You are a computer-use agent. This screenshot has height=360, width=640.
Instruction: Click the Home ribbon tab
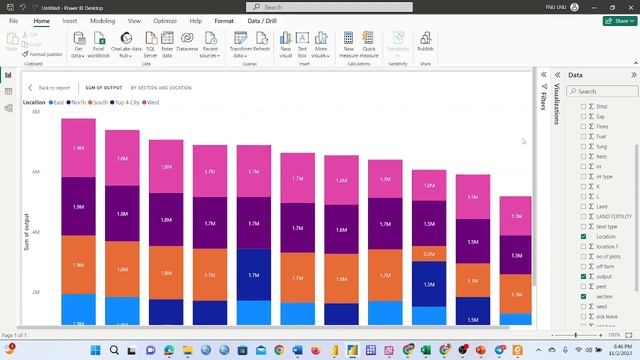[x=41, y=20]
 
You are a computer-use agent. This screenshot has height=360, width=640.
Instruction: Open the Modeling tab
[x=102, y=20]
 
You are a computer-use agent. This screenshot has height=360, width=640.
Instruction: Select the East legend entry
[x=56, y=102]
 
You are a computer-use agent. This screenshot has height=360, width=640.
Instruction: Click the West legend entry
[x=152, y=102]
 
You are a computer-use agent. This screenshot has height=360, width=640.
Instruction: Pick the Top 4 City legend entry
[x=127, y=102]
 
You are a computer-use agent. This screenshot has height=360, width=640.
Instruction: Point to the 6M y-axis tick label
[x=36, y=172]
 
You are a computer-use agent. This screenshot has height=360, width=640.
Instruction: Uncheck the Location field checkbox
[x=584, y=237]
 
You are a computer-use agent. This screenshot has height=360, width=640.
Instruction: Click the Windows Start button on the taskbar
[x=97, y=350]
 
